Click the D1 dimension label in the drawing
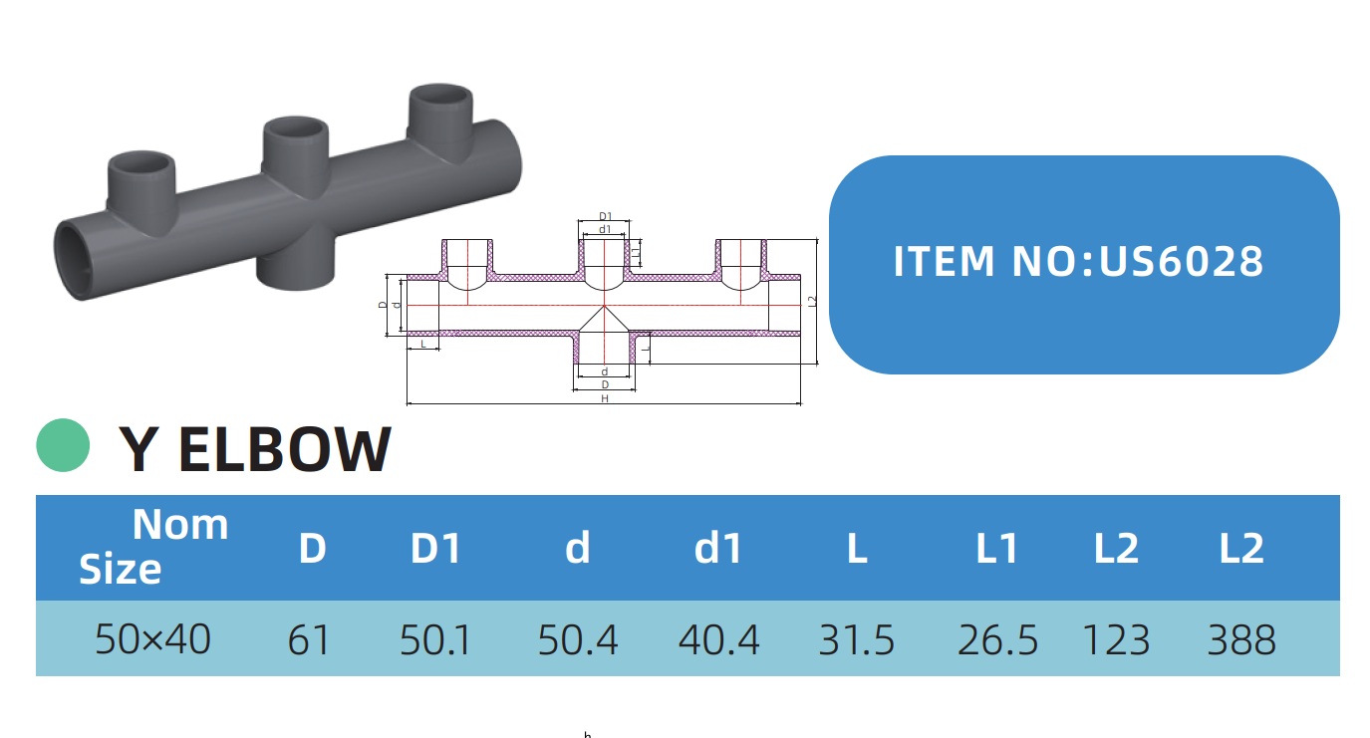605,215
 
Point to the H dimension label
605,398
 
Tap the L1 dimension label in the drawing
637,254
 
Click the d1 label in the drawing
605,228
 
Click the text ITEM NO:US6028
1078,262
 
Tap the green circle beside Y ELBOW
64,445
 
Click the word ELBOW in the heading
285,449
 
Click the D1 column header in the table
436,549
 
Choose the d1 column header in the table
718,549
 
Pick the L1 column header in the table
996,549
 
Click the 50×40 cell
152,639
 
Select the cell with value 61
309,639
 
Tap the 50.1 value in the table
436,639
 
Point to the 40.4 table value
718,639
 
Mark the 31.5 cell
857,639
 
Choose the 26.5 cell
997,639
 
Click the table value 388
1241,639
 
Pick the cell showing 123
1116,639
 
